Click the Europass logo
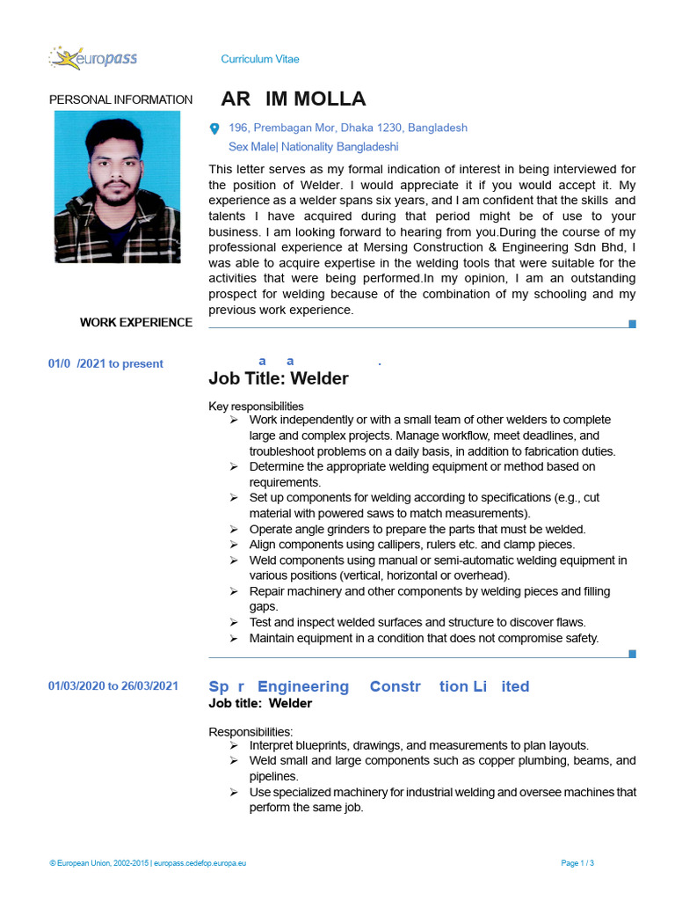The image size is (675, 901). [x=93, y=59]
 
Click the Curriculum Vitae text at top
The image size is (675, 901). [x=259, y=59]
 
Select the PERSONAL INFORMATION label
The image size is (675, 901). [x=120, y=99]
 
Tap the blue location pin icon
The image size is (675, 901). [x=214, y=128]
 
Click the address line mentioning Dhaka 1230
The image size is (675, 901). [x=347, y=128]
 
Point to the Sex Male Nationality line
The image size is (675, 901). [x=313, y=147]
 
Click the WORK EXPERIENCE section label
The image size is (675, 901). [x=135, y=322]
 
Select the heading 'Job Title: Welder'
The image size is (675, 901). [x=278, y=378]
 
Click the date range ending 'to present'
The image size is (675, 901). [x=105, y=363]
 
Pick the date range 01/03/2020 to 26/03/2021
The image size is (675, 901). [x=113, y=686]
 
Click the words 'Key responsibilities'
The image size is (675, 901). [x=256, y=407]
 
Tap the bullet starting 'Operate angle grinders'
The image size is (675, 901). [x=417, y=529]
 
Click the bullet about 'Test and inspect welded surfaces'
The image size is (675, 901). [x=417, y=622]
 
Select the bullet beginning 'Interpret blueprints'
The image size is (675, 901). [x=418, y=744]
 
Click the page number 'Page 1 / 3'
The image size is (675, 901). [x=577, y=863]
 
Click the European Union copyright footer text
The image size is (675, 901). [x=148, y=863]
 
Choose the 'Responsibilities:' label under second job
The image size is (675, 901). [x=250, y=731]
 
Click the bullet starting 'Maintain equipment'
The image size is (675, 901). [x=423, y=638]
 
